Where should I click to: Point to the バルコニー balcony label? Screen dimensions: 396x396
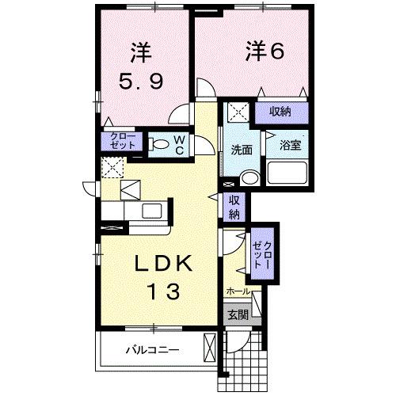151,349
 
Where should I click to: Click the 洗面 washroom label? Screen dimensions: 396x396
242,150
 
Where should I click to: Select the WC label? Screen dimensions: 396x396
180,143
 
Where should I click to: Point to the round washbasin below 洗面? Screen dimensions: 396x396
249,177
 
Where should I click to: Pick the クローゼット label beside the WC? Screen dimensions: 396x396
122,143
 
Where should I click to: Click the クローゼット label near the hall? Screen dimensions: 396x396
261,255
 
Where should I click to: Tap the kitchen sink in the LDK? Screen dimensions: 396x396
148,212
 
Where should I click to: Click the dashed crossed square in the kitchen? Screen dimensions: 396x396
111,168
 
